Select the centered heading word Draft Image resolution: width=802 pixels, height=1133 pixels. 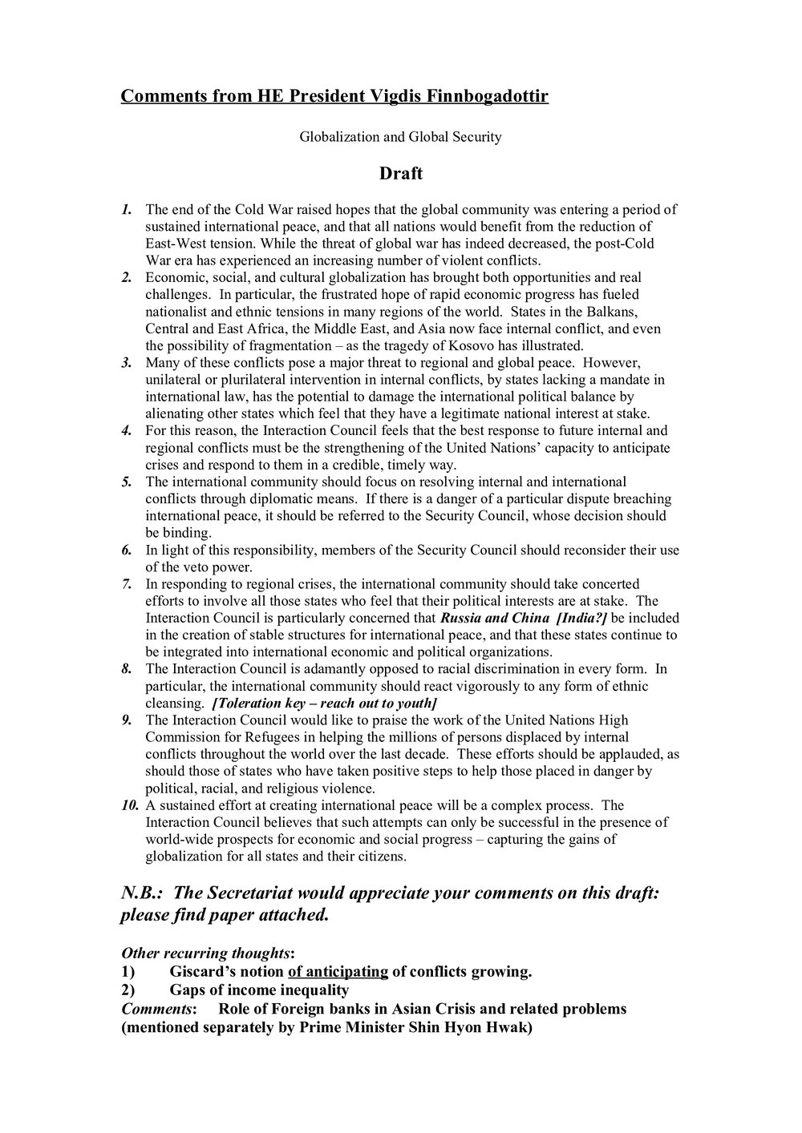click(401, 173)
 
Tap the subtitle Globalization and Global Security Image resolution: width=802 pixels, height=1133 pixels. click(400, 137)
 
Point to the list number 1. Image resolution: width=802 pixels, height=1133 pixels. click(127, 210)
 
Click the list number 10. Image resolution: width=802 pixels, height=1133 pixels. click(130, 805)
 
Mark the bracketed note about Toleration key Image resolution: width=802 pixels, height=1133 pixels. click(323, 703)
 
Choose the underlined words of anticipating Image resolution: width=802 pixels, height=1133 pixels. click(338, 973)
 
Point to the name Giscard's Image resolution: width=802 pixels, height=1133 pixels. click(208, 973)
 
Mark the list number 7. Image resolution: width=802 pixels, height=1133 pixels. click(127, 584)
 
